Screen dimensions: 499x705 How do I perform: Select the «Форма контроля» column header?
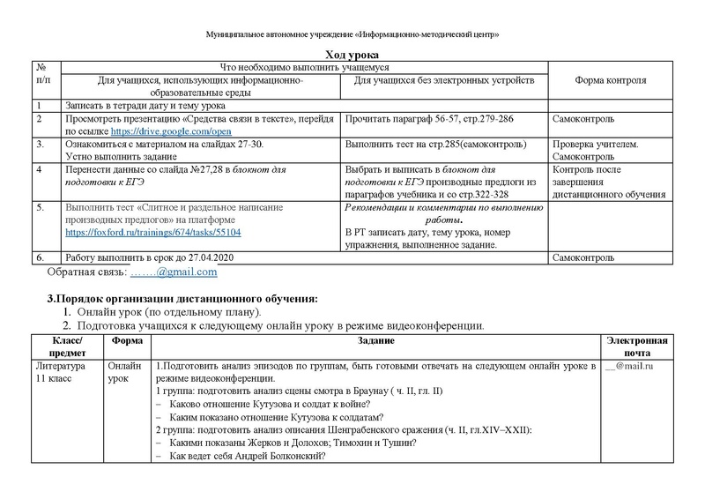[610, 80]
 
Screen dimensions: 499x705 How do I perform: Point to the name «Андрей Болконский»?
[272, 456]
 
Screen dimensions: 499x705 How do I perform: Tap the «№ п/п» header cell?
[39, 74]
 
